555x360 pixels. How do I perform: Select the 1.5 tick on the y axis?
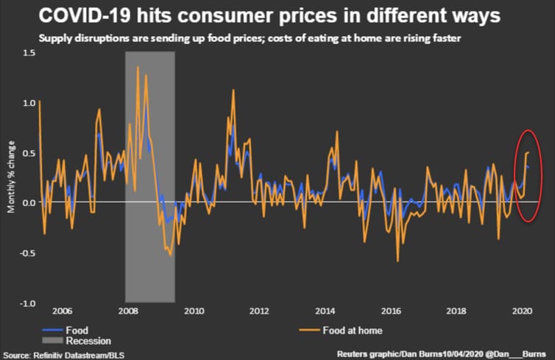tap(29, 52)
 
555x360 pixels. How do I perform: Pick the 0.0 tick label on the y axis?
tap(29, 202)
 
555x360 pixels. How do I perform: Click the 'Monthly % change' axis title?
tap(11, 177)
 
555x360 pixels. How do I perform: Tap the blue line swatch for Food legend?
tap(52, 330)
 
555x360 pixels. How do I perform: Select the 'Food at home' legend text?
tap(352, 330)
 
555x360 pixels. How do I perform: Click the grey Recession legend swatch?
tap(52, 341)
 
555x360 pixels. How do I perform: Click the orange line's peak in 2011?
tap(233, 90)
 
